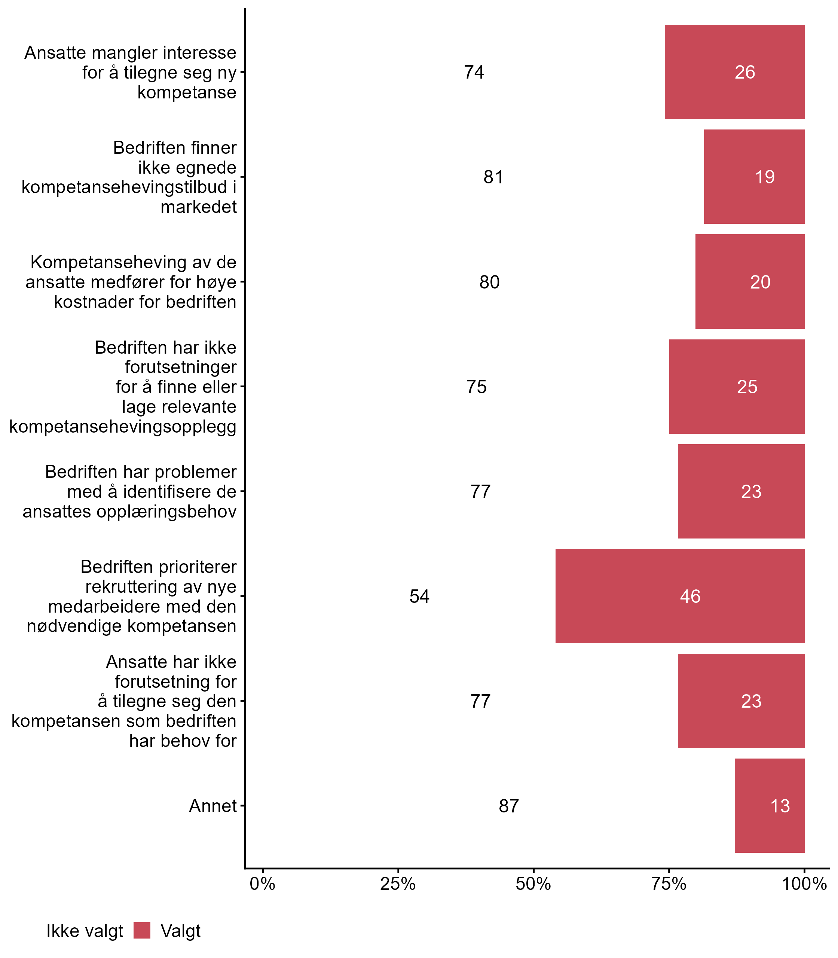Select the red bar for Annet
[x=769, y=805]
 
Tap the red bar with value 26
[x=734, y=72]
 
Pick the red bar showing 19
[x=754, y=177]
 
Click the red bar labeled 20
[x=750, y=281]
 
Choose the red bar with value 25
[x=737, y=386]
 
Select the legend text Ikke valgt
[x=85, y=931]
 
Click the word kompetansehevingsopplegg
[x=123, y=427]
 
